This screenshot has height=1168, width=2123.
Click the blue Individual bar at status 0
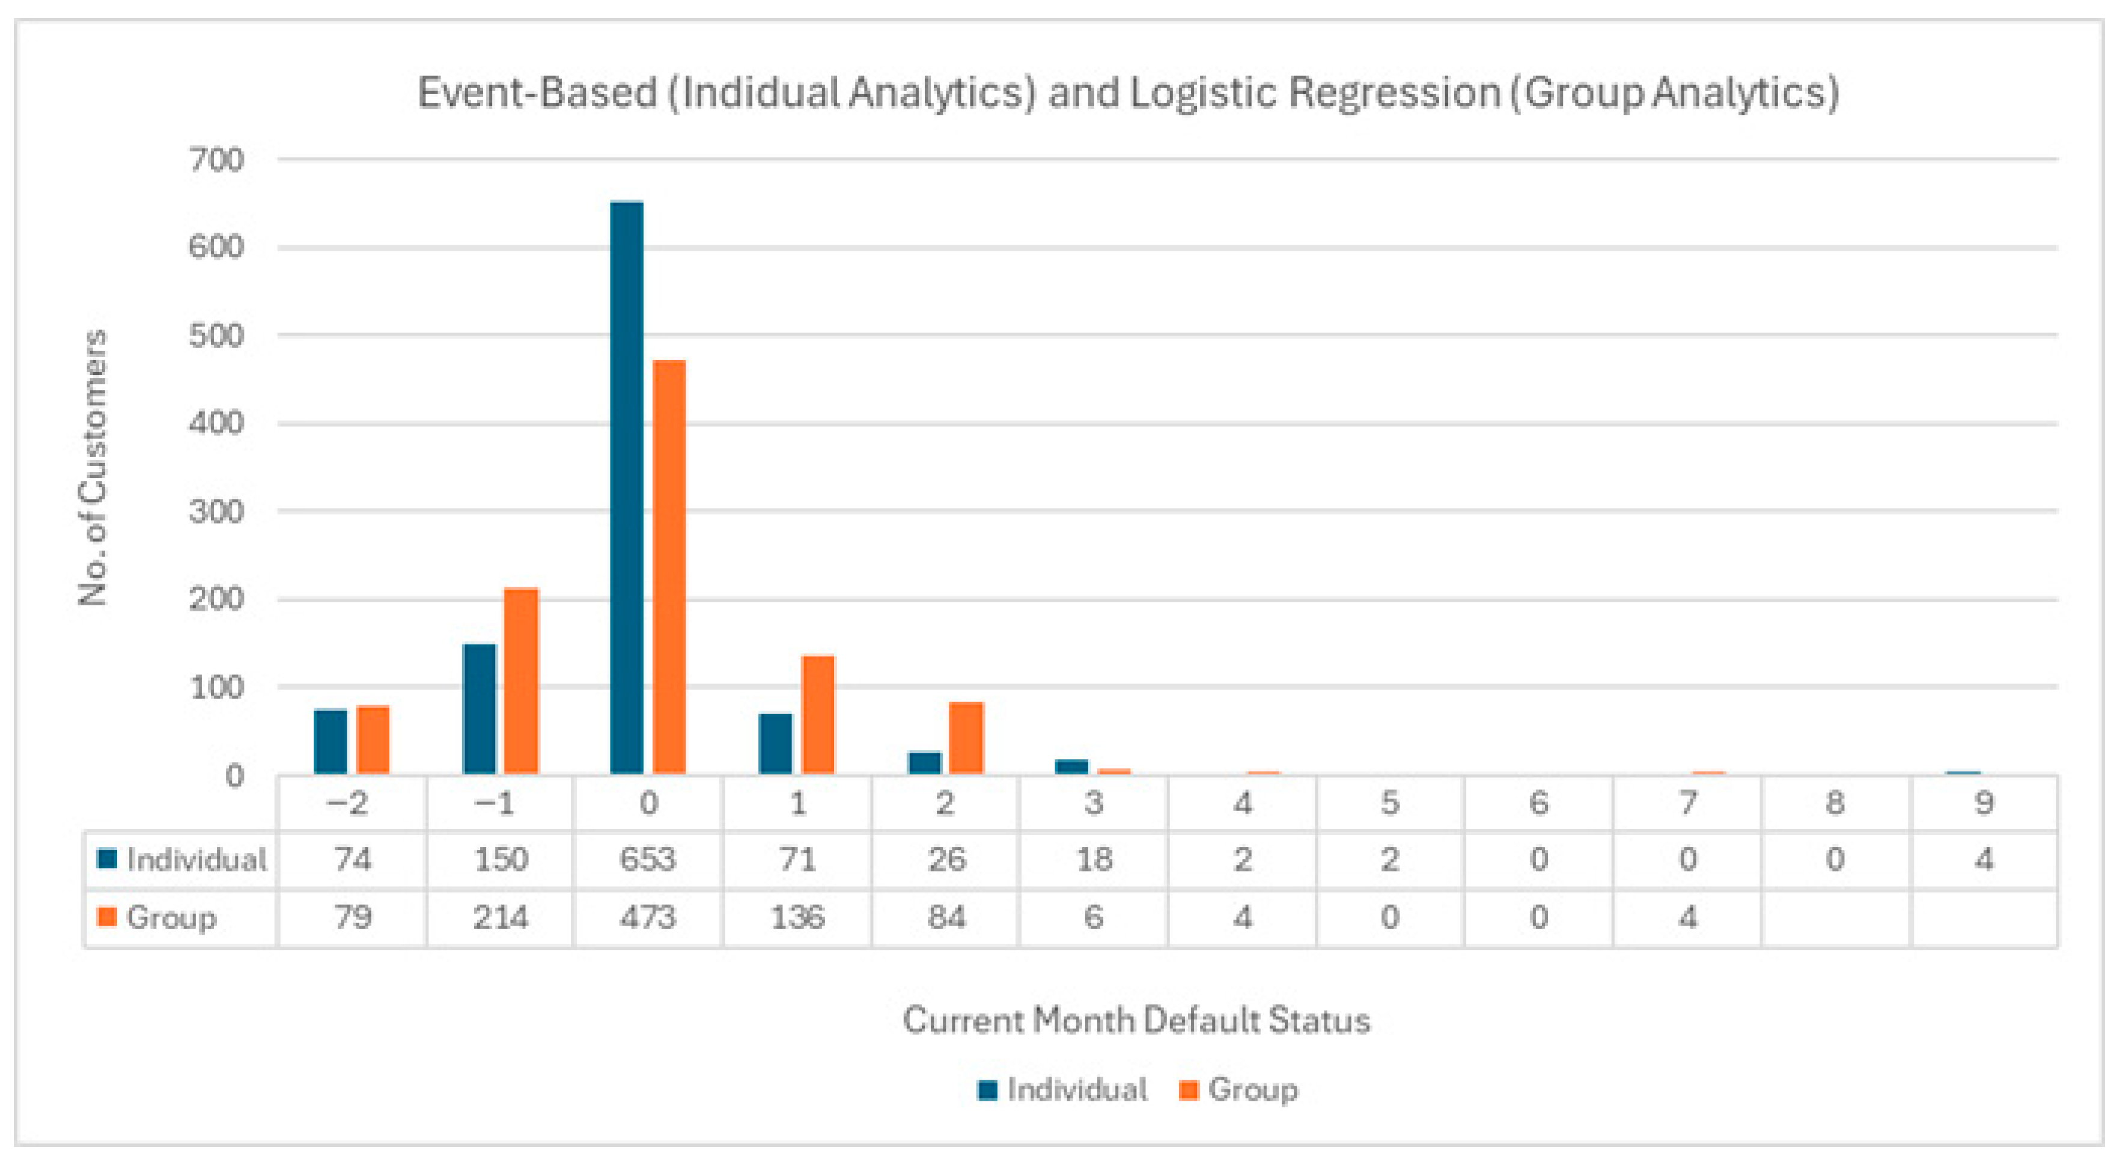[626, 486]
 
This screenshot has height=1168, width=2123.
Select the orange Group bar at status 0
[668, 567]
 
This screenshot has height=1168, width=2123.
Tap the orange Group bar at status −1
[521, 681]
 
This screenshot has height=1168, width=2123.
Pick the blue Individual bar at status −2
[330, 741]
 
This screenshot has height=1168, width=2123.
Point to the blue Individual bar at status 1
[775, 744]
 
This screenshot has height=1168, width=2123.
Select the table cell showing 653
[648, 860]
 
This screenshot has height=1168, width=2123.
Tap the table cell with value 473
[648, 917]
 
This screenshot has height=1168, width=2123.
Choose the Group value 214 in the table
[501, 917]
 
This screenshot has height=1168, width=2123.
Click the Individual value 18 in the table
[1094, 860]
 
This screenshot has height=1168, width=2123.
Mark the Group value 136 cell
[797, 917]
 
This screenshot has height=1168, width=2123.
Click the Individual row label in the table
[196, 860]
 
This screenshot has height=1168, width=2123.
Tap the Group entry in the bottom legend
[1252, 1090]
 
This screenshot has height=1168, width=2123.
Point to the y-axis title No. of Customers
[94, 466]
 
